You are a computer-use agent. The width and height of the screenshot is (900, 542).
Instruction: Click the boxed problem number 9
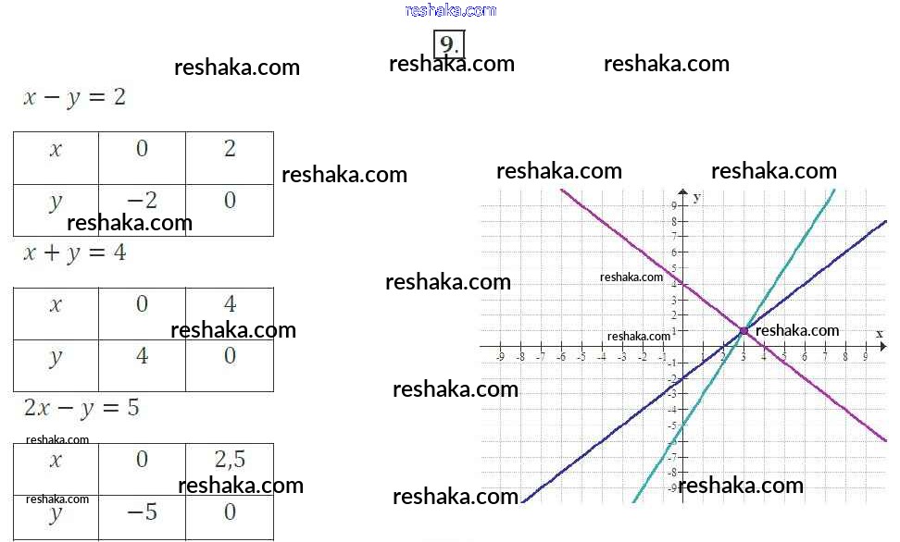(449, 45)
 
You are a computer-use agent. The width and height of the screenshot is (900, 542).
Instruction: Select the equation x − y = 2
(74, 97)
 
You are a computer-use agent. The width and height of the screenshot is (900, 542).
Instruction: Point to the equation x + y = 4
(74, 253)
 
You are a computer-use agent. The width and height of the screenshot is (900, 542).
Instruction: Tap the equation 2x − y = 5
(81, 407)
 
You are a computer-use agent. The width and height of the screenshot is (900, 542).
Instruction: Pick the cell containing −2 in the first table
(142, 200)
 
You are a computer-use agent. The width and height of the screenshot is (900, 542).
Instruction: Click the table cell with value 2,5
(230, 459)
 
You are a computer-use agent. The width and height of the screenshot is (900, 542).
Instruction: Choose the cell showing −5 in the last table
(142, 511)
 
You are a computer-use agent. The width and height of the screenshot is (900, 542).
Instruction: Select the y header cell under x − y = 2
(56, 201)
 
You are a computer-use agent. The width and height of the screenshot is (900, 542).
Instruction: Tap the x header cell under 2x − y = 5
(56, 460)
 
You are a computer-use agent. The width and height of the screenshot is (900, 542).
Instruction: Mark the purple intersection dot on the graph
(744, 330)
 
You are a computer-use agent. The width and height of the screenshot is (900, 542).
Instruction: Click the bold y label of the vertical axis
(696, 197)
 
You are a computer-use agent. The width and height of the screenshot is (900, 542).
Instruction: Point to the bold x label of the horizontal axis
(879, 333)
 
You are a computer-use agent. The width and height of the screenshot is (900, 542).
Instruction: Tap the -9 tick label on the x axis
(500, 356)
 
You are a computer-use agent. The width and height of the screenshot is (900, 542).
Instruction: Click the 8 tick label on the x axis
(845, 356)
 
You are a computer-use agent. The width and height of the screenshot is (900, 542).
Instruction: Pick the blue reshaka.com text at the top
(451, 10)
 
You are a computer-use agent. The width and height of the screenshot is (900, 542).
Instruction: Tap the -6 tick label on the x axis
(560, 356)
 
